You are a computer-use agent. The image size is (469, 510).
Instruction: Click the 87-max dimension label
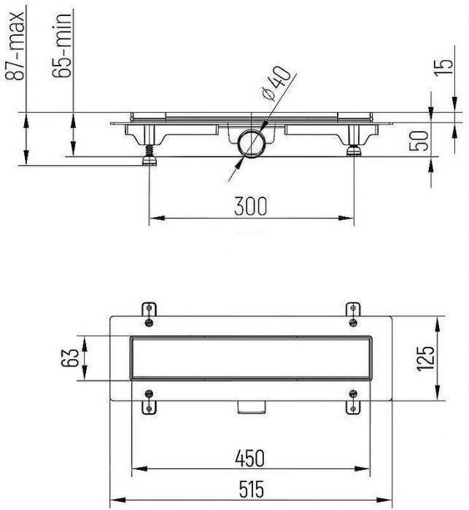[x=15, y=46]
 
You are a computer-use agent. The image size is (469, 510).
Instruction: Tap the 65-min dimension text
[x=62, y=45]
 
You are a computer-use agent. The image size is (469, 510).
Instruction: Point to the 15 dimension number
[x=444, y=68]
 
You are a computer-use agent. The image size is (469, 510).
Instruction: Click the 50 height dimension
[x=419, y=141]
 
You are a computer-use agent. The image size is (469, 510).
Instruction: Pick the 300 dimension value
[x=250, y=206]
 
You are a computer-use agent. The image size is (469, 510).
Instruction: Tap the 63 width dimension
[x=70, y=358]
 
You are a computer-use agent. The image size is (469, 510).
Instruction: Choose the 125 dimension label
[x=425, y=358]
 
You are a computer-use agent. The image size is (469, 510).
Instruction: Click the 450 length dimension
[x=250, y=458]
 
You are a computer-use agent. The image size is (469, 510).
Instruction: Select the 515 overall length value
[x=251, y=489]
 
